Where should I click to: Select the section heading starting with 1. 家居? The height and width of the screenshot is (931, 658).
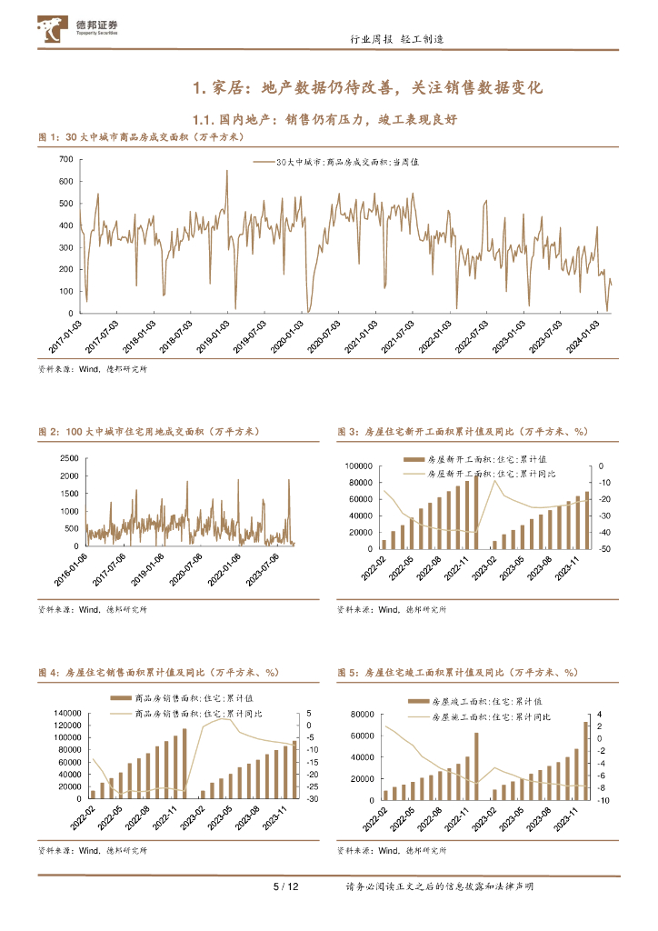pos(368,88)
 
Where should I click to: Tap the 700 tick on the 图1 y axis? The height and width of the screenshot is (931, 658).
pos(65,159)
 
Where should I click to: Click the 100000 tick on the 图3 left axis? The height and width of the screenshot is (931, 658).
pos(357,465)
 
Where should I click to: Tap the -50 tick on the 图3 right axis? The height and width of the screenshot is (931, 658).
pos(603,549)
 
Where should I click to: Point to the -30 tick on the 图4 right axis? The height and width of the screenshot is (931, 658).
pos(311,799)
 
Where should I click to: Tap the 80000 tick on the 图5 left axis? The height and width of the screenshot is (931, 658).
pos(360,714)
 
